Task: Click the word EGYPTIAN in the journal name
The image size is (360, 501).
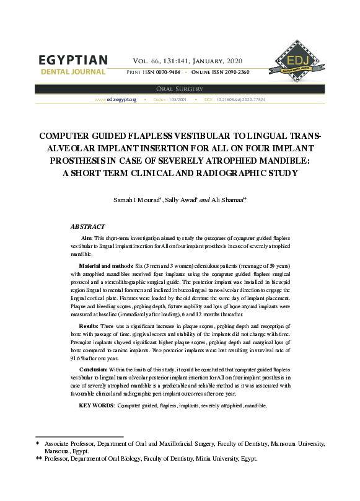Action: pyautogui.click(x=72, y=61)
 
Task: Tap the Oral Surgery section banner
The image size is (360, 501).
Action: pyautogui.click(x=180, y=89)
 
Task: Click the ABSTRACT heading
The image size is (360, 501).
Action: pyautogui.click(x=87, y=227)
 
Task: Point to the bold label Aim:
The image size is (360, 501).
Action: pyautogui.click(x=87, y=238)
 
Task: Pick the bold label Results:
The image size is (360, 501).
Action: pyautogui.click(x=89, y=326)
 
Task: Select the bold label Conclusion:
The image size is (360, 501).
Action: pyautogui.click(x=94, y=369)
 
